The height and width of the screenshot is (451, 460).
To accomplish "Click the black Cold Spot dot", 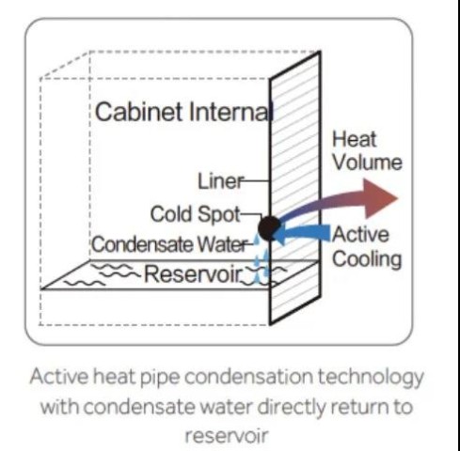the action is tap(269, 228).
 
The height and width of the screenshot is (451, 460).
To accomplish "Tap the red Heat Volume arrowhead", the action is tap(380, 198).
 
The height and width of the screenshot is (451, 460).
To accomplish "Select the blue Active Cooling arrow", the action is tap(302, 234).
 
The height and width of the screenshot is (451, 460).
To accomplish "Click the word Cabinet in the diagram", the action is tap(138, 112).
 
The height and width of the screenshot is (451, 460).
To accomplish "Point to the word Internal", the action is tap(231, 112).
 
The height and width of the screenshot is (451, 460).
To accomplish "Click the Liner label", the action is tap(220, 181).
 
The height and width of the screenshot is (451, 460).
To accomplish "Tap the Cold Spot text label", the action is tap(195, 215).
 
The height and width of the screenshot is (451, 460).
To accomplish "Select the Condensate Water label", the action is tap(169, 244).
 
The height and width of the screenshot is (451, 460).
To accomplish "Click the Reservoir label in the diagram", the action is tap(194, 274).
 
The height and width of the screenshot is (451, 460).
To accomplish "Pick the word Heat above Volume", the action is tap(355, 139).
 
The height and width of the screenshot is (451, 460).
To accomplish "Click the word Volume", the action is tap(367, 162).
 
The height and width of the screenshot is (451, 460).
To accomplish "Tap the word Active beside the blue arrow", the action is tap(361, 235).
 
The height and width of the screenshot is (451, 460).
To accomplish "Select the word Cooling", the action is tap(367, 259).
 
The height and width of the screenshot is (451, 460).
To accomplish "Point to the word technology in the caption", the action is tap(371, 378).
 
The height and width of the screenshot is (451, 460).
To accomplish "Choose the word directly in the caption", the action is tap(291, 407).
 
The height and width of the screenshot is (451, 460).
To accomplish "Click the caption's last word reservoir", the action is tap(227, 435).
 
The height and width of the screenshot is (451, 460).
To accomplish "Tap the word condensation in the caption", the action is tap(248, 377).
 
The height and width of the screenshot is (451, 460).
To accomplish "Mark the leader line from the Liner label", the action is tap(257, 180).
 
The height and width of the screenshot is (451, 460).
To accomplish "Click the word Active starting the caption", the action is tap(58, 377).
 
